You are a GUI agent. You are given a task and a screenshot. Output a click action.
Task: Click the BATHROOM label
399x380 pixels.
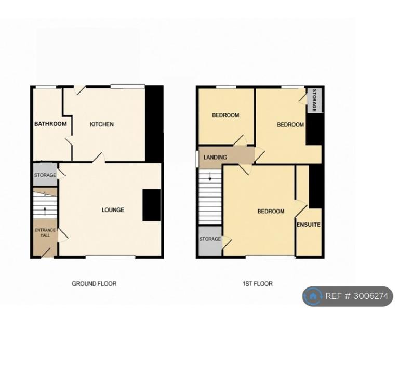pos(50,124)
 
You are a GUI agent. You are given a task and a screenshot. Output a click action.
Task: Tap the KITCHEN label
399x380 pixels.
pos(102,124)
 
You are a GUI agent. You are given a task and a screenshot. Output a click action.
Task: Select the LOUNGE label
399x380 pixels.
pos(113,210)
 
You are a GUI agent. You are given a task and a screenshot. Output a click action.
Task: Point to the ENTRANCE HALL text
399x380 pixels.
pos(45,232)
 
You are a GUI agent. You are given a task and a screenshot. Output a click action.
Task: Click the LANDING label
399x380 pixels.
pos(215,158)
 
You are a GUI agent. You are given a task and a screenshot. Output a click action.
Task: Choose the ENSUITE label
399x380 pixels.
pos(309,225)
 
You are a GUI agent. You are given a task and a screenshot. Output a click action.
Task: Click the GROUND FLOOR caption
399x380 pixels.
pos(94,284)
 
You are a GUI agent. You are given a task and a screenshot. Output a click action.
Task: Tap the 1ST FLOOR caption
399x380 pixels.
pos(258,284)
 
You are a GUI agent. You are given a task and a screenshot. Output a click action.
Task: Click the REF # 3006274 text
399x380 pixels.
pos(357,296)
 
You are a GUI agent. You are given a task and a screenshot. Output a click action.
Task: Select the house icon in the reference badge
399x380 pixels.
pos(312,296)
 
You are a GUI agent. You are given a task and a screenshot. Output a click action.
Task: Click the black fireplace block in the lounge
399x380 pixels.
pos(151,205)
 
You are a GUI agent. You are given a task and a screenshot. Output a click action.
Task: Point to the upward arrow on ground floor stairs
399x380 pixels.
pos(45,211)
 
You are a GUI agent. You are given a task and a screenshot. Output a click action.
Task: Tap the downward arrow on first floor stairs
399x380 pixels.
pos(210,177)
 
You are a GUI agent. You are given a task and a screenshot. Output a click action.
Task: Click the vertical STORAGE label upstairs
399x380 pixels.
pos(314,100)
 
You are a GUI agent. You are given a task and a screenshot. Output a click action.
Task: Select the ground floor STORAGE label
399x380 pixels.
pos(45,175)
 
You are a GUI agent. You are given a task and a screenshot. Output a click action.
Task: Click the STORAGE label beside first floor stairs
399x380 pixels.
pos(210,239)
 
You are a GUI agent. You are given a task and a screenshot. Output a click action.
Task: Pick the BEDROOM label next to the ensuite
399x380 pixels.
pos(271,212)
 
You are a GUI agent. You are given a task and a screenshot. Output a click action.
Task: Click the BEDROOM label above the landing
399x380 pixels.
pos(225,115)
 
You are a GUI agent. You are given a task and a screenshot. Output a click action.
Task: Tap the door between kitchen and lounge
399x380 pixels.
pos(99,158)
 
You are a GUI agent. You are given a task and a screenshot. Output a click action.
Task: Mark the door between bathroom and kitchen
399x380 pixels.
pos(69,141)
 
